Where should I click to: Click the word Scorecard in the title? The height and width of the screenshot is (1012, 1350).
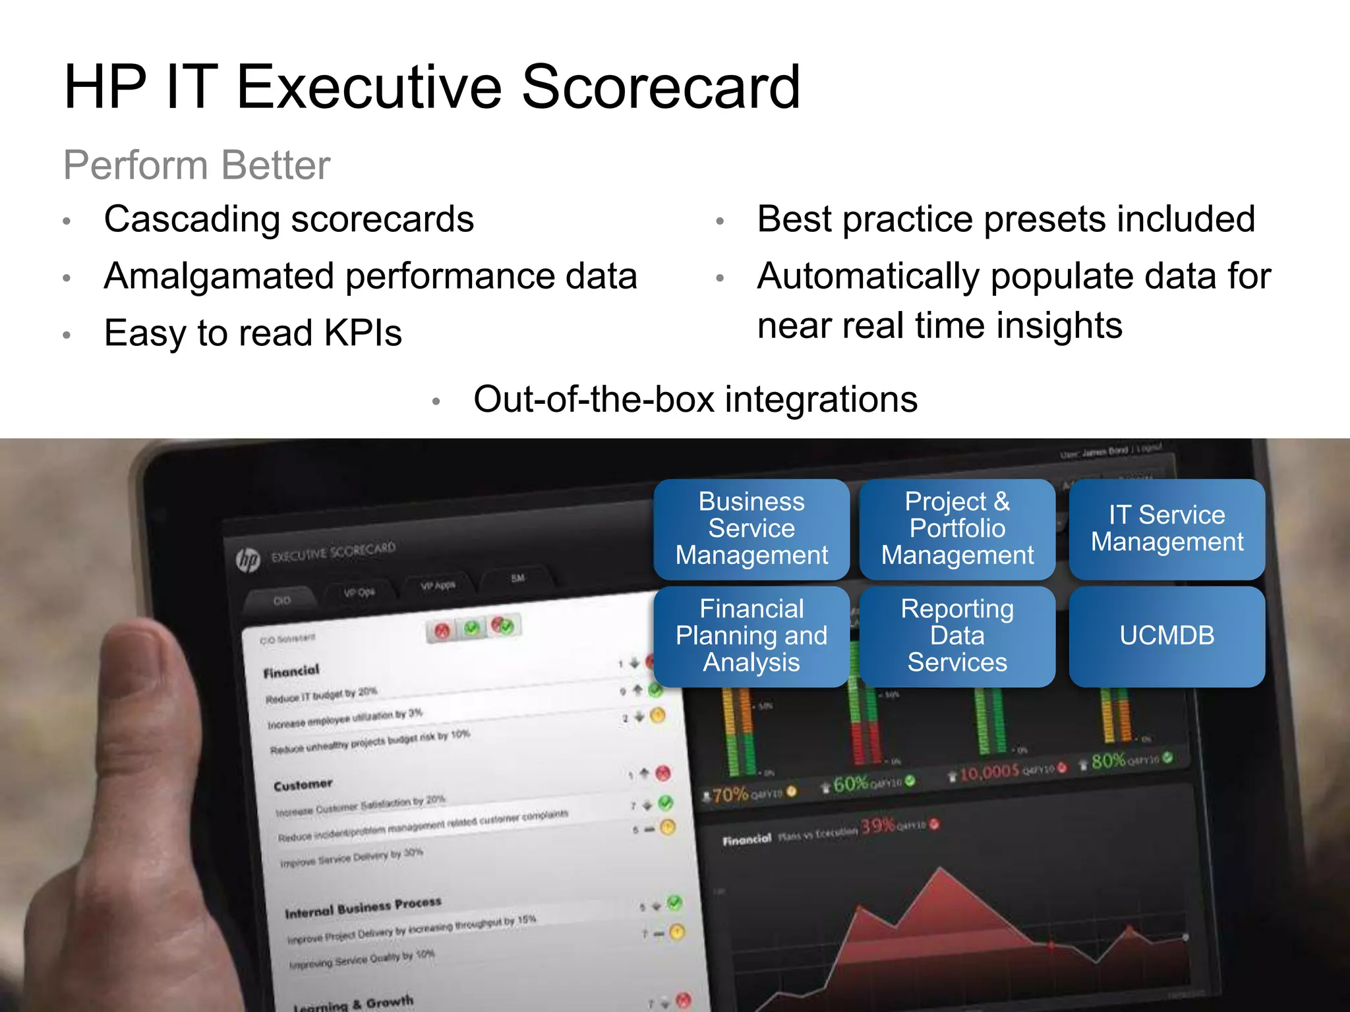[660, 87]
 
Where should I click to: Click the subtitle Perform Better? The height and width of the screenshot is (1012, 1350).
[196, 165]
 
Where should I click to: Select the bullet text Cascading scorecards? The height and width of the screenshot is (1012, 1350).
[289, 219]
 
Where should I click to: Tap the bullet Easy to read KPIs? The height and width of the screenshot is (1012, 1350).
[253, 333]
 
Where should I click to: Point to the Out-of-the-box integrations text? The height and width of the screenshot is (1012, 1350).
[695, 399]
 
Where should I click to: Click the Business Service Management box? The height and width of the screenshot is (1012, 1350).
[751, 529]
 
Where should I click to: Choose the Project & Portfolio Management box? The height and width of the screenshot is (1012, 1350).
[957, 529]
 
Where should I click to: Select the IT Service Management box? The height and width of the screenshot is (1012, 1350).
[1167, 529]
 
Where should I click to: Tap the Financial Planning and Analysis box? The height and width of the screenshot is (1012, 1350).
[751, 636]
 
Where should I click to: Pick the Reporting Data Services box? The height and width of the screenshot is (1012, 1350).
[957, 636]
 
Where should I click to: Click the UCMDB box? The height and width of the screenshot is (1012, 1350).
[1167, 636]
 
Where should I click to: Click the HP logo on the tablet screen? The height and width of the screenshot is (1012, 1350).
[249, 560]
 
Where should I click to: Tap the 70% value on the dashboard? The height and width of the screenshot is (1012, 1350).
[729, 795]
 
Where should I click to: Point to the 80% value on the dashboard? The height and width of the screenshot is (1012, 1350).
[1109, 762]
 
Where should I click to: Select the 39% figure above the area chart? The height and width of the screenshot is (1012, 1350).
[878, 826]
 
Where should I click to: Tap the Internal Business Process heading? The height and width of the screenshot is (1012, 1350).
[363, 907]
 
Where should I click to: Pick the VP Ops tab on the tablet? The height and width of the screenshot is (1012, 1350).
[359, 592]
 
